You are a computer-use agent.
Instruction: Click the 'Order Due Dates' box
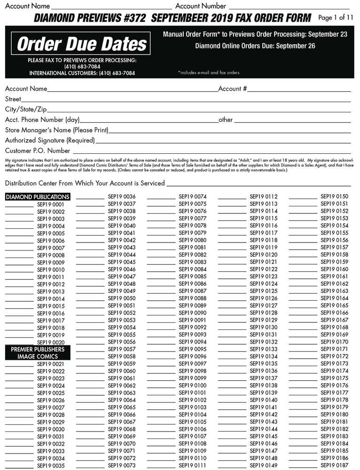click(x=82, y=44)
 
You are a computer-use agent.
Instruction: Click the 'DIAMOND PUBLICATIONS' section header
click(x=38, y=197)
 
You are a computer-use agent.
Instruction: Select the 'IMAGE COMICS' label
click(x=38, y=357)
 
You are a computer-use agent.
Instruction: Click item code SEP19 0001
click(x=51, y=204)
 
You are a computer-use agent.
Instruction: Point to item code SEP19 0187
click(x=334, y=465)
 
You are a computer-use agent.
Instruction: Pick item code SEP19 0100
click(x=193, y=385)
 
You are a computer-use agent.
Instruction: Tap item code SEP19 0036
click(x=122, y=196)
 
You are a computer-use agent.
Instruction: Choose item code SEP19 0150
click(x=334, y=196)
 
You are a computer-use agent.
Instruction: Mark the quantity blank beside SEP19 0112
click(x=232, y=197)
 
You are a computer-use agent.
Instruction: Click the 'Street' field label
click(x=13, y=99)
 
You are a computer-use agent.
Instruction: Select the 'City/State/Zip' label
click(x=26, y=110)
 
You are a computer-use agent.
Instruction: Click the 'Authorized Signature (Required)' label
click(x=50, y=141)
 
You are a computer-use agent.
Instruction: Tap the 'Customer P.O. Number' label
click(x=38, y=151)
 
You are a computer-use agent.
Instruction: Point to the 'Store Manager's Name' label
click(x=56, y=130)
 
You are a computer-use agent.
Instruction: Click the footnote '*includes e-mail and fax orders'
click(x=209, y=73)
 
